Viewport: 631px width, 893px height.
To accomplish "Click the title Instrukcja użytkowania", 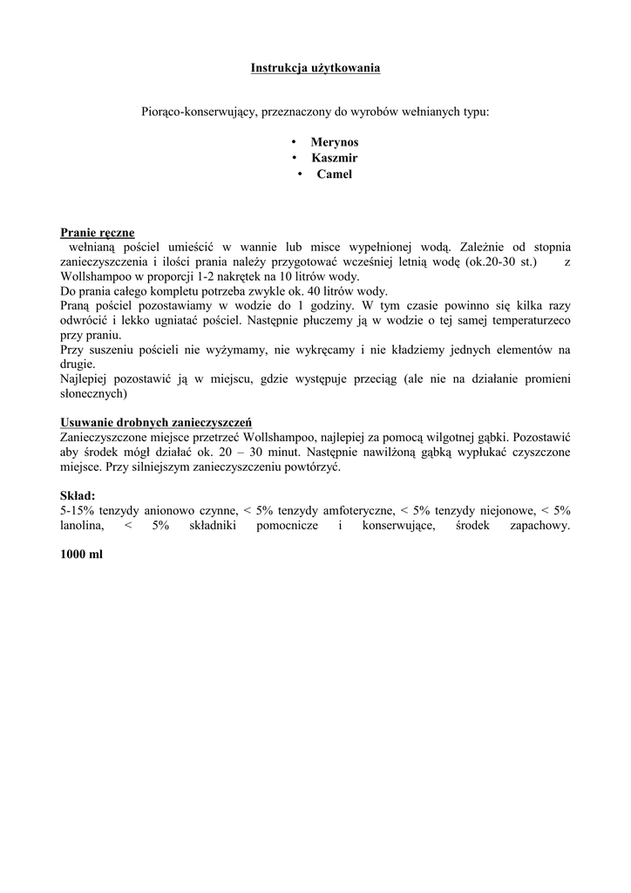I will (315, 67).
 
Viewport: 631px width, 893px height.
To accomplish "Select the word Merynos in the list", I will (335, 141).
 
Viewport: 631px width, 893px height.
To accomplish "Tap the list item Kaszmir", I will (335, 158).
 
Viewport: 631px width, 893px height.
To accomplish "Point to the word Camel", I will (335, 174).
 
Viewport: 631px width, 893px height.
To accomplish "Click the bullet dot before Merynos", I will (295, 141).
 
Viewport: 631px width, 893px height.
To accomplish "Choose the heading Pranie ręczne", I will (98, 232).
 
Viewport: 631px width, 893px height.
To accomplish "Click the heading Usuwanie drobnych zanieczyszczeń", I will (156, 422).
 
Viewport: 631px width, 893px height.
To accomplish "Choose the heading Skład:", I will (78, 495).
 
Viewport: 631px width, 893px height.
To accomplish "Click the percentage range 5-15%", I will (78, 510).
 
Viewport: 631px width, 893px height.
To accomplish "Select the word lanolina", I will (82, 525).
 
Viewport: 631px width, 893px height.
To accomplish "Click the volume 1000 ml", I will (82, 554).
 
